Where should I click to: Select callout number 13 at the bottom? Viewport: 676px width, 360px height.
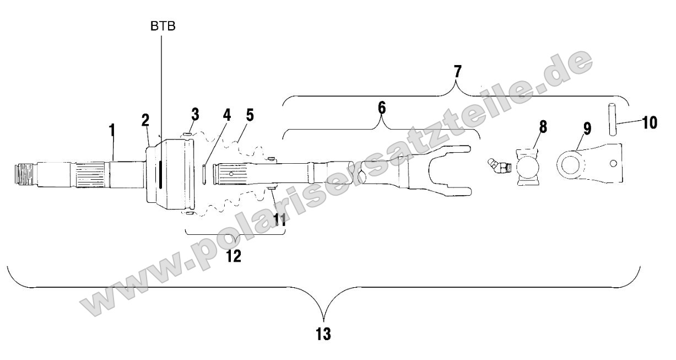324,334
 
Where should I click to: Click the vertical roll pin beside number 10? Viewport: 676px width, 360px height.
612,119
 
